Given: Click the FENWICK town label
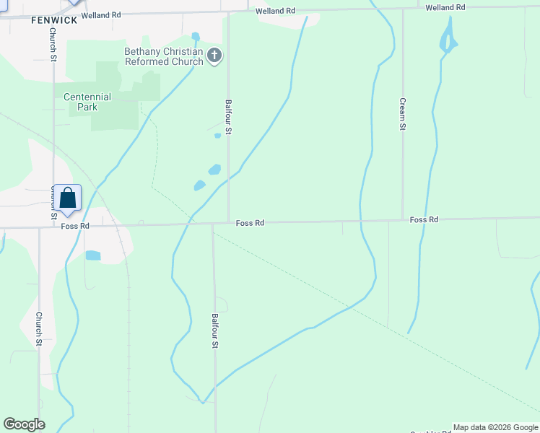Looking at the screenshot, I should click(x=53, y=20).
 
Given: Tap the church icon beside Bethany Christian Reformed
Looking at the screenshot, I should click(x=214, y=56).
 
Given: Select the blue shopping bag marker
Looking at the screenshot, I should click(x=67, y=198).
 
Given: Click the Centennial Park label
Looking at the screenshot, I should click(x=87, y=102).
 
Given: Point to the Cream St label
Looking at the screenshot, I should click(x=403, y=113).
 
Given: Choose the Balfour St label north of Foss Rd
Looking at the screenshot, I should click(x=228, y=118).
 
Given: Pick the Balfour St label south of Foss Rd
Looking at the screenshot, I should click(x=214, y=331).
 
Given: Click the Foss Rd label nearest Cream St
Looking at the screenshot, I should click(x=424, y=219).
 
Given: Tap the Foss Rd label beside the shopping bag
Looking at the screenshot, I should click(x=75, y=226).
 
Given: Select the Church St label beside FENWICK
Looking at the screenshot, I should click(x=53, y=45).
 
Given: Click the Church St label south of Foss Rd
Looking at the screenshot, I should click(x=39, y=328).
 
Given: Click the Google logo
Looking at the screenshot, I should click(x=24, y=424).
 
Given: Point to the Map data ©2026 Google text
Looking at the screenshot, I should click(x=495, y=427).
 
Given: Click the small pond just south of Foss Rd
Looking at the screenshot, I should click(x=92, y=255).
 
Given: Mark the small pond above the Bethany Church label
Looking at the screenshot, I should click(x=196, y=36).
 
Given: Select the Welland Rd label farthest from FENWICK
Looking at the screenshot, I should click(x=443, y=7).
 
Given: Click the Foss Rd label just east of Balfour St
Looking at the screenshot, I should click(x=250, y=223).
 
